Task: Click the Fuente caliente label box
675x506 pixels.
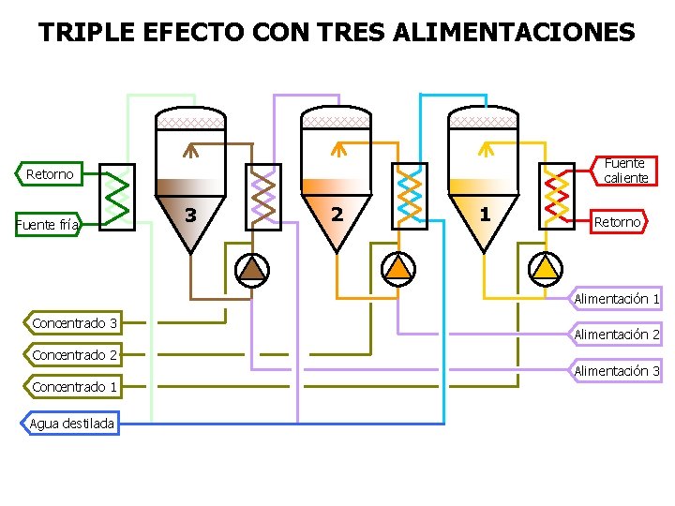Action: [625, 171]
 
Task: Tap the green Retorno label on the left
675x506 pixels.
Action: [50, 174]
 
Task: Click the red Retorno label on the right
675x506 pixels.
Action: [618, 222]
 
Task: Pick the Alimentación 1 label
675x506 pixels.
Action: [617, 299]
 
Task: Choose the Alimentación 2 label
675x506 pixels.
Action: [617, 335]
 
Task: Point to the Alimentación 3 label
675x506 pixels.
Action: [617, 371]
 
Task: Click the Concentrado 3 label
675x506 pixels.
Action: [74, 323]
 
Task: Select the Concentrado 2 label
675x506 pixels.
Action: [74, 355]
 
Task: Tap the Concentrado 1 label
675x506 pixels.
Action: [74, 387]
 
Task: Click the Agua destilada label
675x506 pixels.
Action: [71, 424]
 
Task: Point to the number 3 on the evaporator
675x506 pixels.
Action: [190, 216]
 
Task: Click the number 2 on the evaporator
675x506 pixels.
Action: [337, 214]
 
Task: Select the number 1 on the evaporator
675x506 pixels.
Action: [484, 214]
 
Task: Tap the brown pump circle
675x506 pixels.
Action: [251, 269]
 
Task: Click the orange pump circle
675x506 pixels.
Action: [398, 269]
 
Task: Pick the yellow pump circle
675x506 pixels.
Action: [545, 269]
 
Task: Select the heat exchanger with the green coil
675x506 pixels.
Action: [116, 197]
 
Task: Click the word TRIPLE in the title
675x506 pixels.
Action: [87, 33]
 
